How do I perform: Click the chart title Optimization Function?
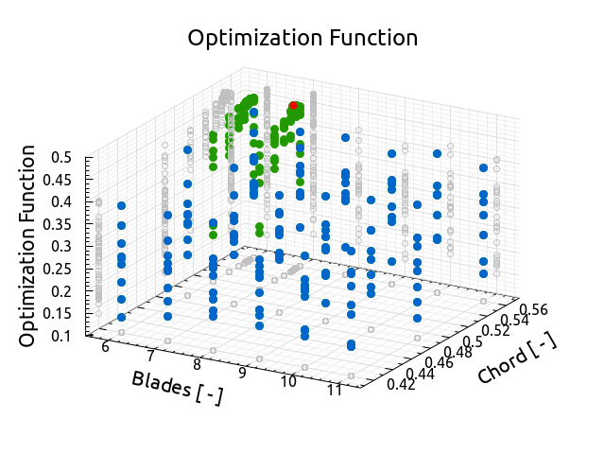(302, 39)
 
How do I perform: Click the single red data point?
(293, 106)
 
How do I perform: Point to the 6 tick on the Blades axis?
(105, 347)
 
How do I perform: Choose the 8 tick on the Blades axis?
(197, 365)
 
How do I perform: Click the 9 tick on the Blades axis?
(243, 374)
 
